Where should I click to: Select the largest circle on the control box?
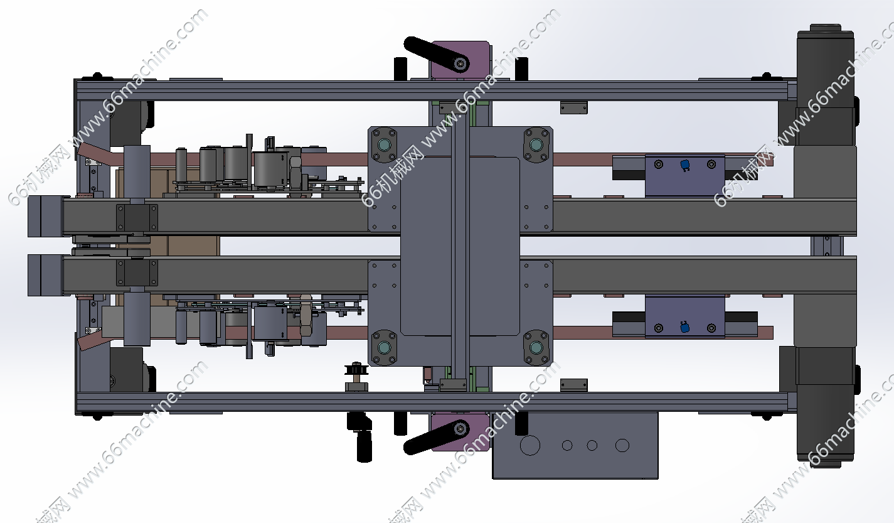[530, 445]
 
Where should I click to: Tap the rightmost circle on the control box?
[622, 445]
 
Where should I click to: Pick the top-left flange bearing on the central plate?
[384, 144]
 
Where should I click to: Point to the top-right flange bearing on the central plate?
[536, 144]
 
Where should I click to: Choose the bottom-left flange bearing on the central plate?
[384, 347]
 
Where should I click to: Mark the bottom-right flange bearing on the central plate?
[536, 347]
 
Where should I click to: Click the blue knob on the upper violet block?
[685, 165]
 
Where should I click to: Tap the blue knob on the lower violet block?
[684, 327]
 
